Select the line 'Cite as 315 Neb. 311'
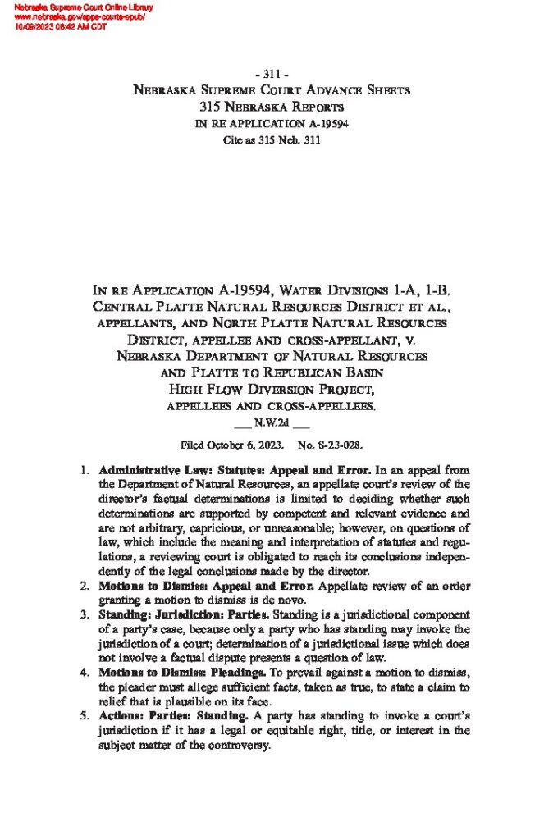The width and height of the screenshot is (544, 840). click(x=272, y=140)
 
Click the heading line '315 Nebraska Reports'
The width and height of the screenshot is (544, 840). click(x=272, y=107)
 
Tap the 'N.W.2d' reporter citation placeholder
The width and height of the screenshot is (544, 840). click(x=271, y=425)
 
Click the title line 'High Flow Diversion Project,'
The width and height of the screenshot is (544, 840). click(x=272, y=390)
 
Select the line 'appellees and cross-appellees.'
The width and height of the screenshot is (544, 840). click(x=272, y=406)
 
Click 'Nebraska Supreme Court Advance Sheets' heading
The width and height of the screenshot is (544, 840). click(x=272, y=90)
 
